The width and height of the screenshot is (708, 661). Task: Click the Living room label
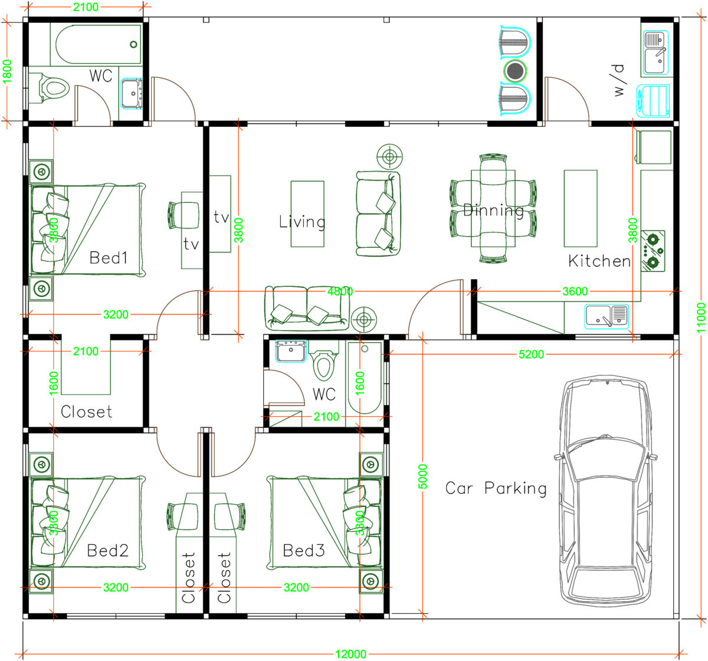[x=302, y=222]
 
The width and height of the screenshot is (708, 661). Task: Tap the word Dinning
[x=494, y=210]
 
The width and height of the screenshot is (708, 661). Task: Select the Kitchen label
[x=599, y=261]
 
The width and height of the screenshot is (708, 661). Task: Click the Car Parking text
[x=496, y=488]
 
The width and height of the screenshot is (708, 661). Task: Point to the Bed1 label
[x=109, y=257]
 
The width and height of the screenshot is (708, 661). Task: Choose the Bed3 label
[x=303, y=551]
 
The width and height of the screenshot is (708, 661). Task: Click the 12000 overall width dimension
[x=350, y=654]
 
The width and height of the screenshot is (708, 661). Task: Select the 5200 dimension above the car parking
[x=531, y=355]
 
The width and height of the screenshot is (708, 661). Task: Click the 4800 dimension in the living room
[x=340, y=291]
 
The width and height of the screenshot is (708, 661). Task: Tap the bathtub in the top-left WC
[x=99, y=44]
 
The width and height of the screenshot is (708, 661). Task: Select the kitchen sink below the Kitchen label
[x=607, y=316]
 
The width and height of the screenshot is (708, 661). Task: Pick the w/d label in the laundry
[x=618, y=80]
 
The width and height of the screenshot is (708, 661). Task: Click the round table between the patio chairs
[x=515, y=71]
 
